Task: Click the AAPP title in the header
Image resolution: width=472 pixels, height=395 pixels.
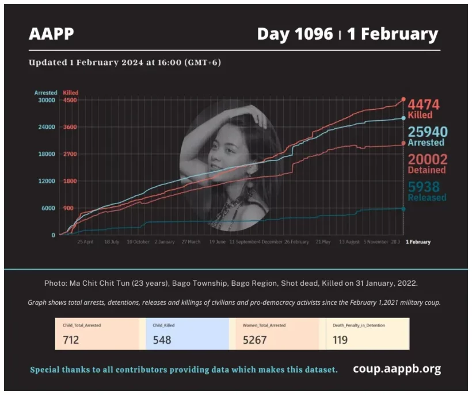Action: (x=51, y=34)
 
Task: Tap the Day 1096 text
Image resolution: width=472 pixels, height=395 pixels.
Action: (x=295, y=34)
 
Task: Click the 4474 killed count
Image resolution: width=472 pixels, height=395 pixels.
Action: (x=424, y=105)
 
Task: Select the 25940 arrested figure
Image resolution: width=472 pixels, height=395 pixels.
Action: (x=427, y=132)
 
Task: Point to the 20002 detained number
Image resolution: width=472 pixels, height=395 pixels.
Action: (x=427, y=159)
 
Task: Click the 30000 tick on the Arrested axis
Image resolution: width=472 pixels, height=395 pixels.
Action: (x=45, y=100)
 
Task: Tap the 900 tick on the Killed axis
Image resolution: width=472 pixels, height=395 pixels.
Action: (x=68, y=208)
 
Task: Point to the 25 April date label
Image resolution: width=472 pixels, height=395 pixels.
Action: (x=85, y=242)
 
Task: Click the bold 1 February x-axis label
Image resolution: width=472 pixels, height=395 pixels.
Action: (x=418, y=242)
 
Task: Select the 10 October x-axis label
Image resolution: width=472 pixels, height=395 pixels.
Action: (x=138, y=242)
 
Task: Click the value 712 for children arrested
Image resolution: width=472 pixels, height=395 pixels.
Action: (x=71, y=340)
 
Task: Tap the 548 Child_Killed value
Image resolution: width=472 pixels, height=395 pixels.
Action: (x=162, y=340)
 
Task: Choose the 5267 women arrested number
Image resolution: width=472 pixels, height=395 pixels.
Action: (x=255, y=340)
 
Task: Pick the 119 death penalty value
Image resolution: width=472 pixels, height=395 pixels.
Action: (x=340, y=340)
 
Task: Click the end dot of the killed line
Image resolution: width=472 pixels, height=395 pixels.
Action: (x=403, y=99)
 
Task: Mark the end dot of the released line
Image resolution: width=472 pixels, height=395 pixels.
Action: (x=403, y=209)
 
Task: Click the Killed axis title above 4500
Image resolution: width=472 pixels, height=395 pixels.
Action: (x=71, y=93)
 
